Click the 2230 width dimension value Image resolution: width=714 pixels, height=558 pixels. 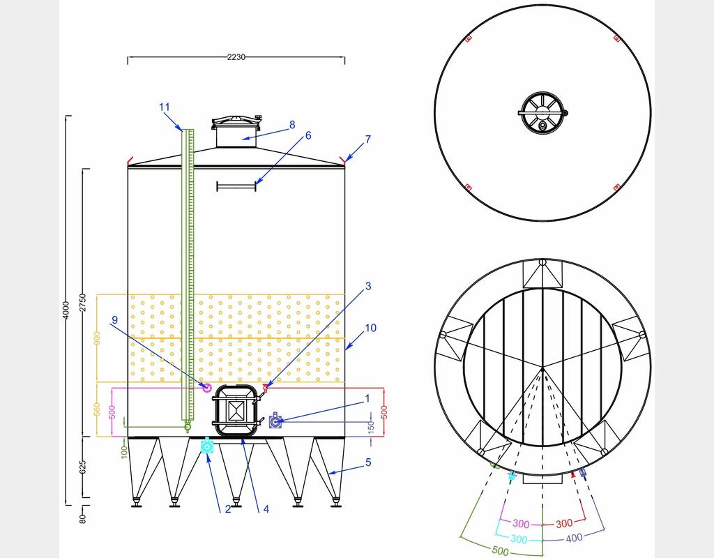(x=236, y=57)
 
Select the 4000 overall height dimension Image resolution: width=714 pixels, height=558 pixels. (x=66, y=310)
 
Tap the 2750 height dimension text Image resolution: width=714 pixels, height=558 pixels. (x=82, y=303)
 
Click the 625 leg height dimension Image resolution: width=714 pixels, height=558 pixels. (x=82, y=467)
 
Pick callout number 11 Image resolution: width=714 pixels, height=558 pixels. (x=165, y=107)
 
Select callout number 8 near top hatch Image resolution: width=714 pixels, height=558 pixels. (x=292, y=124)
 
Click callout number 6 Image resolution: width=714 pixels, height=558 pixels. (x=308, y=135)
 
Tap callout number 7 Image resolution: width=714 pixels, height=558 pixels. (x=368, y=139)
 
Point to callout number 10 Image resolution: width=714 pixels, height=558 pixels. (x=371, y=328)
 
